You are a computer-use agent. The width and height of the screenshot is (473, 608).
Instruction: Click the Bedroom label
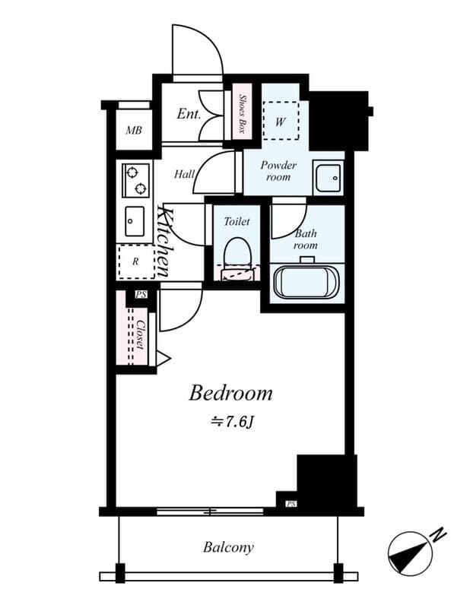coord(230,393)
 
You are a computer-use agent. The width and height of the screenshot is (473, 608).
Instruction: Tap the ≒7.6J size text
coord(231,420)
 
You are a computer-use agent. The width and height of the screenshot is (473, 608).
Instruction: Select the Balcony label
coord(228,546)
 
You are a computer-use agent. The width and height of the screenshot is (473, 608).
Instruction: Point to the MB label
coord(134,131)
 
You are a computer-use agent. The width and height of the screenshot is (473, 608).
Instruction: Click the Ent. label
coord(188,115)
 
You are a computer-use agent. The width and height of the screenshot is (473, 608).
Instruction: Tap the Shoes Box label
coord(242,112)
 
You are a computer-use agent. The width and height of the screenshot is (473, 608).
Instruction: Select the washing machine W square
coord(281,120)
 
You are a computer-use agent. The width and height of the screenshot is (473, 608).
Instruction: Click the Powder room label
coord(278,171)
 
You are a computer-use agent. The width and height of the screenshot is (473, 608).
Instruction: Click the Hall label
coord(184,174)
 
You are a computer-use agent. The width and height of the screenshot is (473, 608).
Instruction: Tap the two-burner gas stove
coord(135,180)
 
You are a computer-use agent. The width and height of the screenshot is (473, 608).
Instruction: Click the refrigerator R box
coord(135,262)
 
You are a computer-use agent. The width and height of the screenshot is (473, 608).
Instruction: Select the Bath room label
coord(306,239)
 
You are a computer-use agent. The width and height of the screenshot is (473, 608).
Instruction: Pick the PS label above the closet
coord(141,295)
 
